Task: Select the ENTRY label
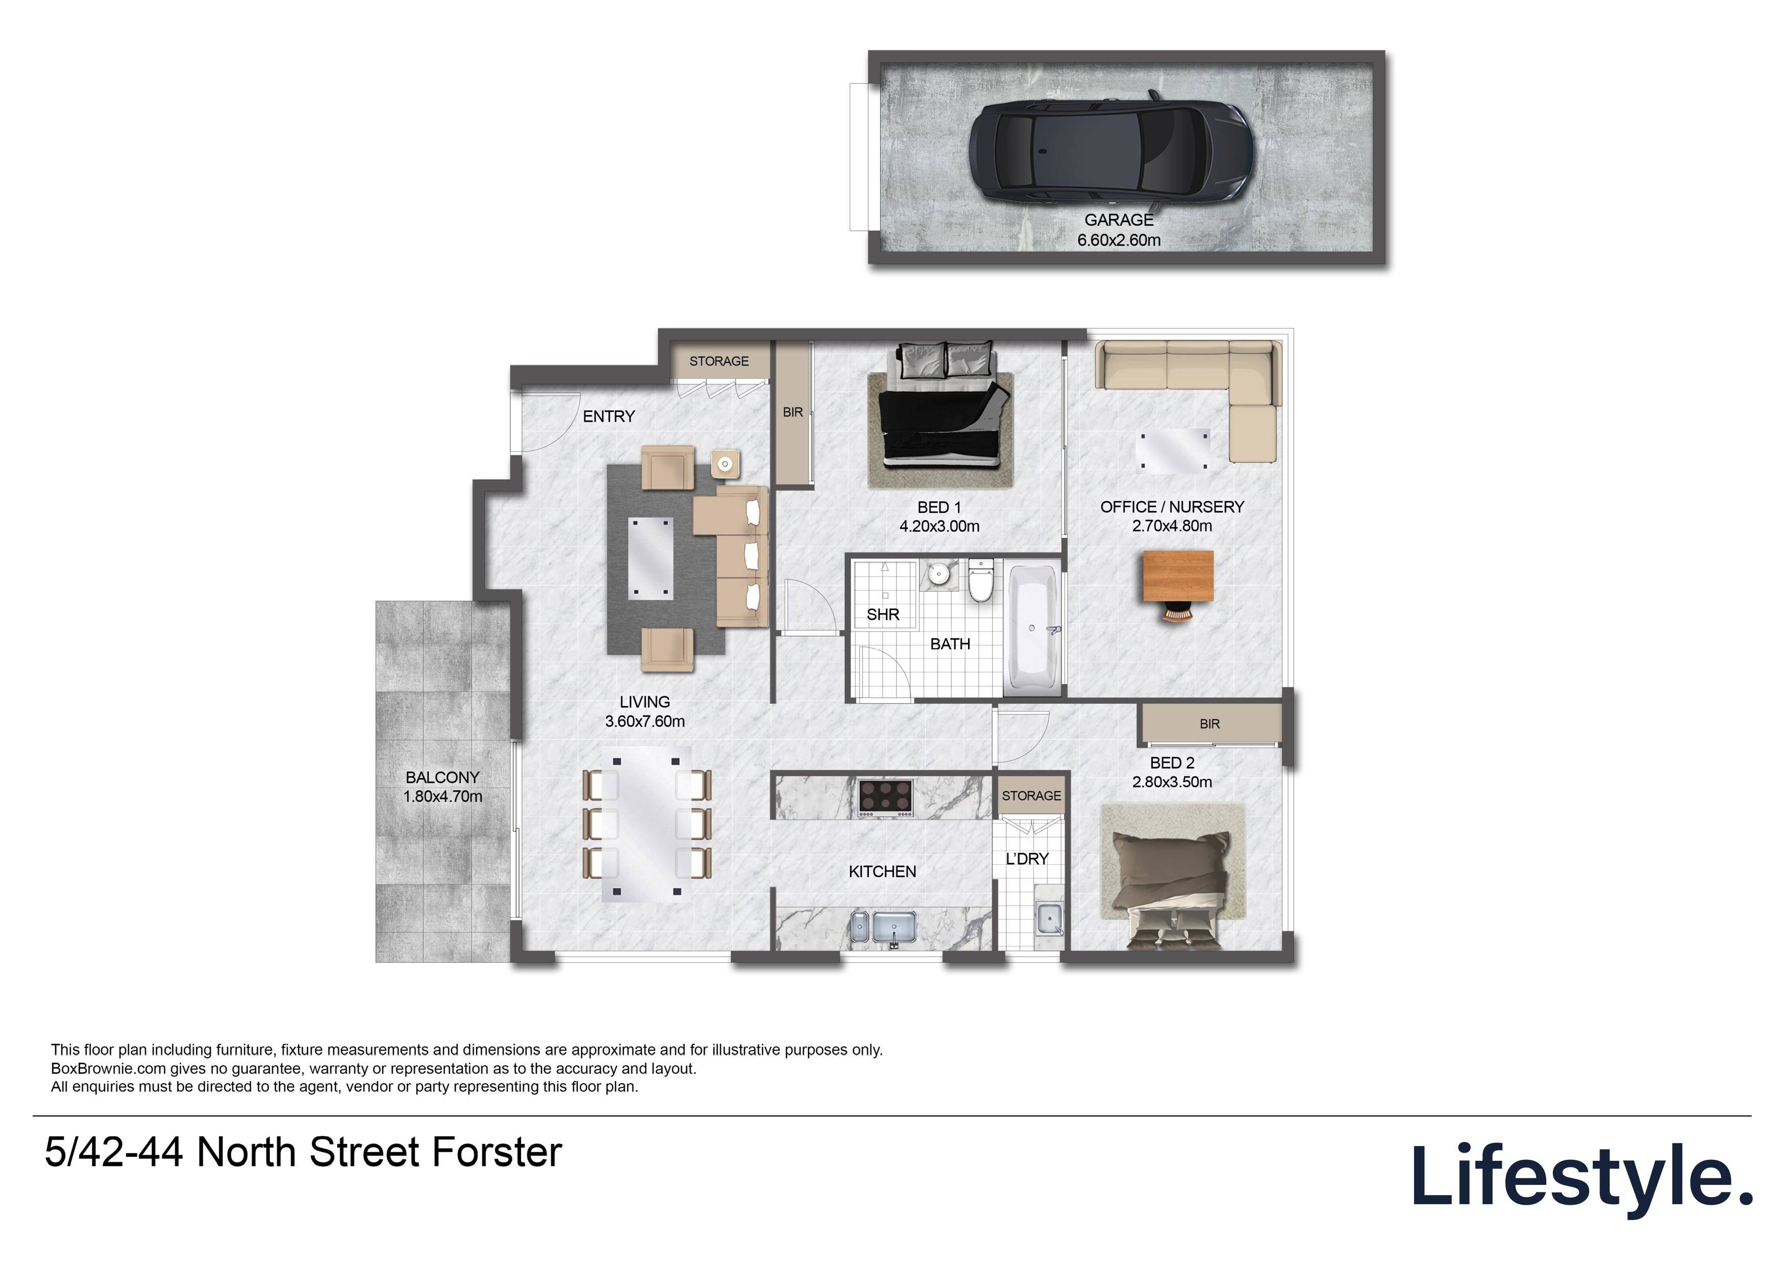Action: click(x=609, y=417)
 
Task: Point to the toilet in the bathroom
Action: click(x=980, y=581)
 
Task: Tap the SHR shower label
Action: click(x=883, y=615)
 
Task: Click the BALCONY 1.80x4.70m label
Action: click(x=442, y=787)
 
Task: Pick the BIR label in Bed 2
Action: click(x=1209, y=724)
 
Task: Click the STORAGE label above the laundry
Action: click(x=1031, y=796)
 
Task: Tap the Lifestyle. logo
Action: click(x=1581, y=1176)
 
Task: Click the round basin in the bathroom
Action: click(x=939, y=575)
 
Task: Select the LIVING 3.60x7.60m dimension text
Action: click(x=645, y=721)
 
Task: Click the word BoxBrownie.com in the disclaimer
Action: click(x=108, y=1068)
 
